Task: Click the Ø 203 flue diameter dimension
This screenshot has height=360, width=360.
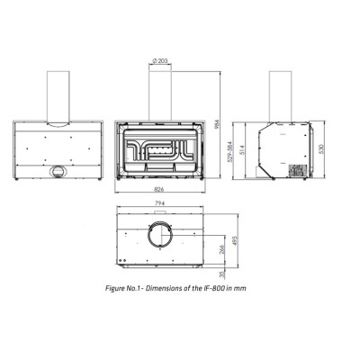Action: pos(160,60)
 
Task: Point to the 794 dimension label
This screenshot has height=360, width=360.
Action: pos(160,203)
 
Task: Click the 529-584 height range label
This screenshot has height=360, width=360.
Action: pos(230,152)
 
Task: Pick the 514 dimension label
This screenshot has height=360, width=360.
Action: pos(243,150)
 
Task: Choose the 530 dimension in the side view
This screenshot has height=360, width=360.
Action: pos(320,149)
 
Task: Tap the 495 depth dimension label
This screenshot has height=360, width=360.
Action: pos(235,241)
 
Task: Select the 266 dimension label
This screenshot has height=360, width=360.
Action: pos(222,250)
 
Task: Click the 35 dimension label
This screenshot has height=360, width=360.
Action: pos(222,274)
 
